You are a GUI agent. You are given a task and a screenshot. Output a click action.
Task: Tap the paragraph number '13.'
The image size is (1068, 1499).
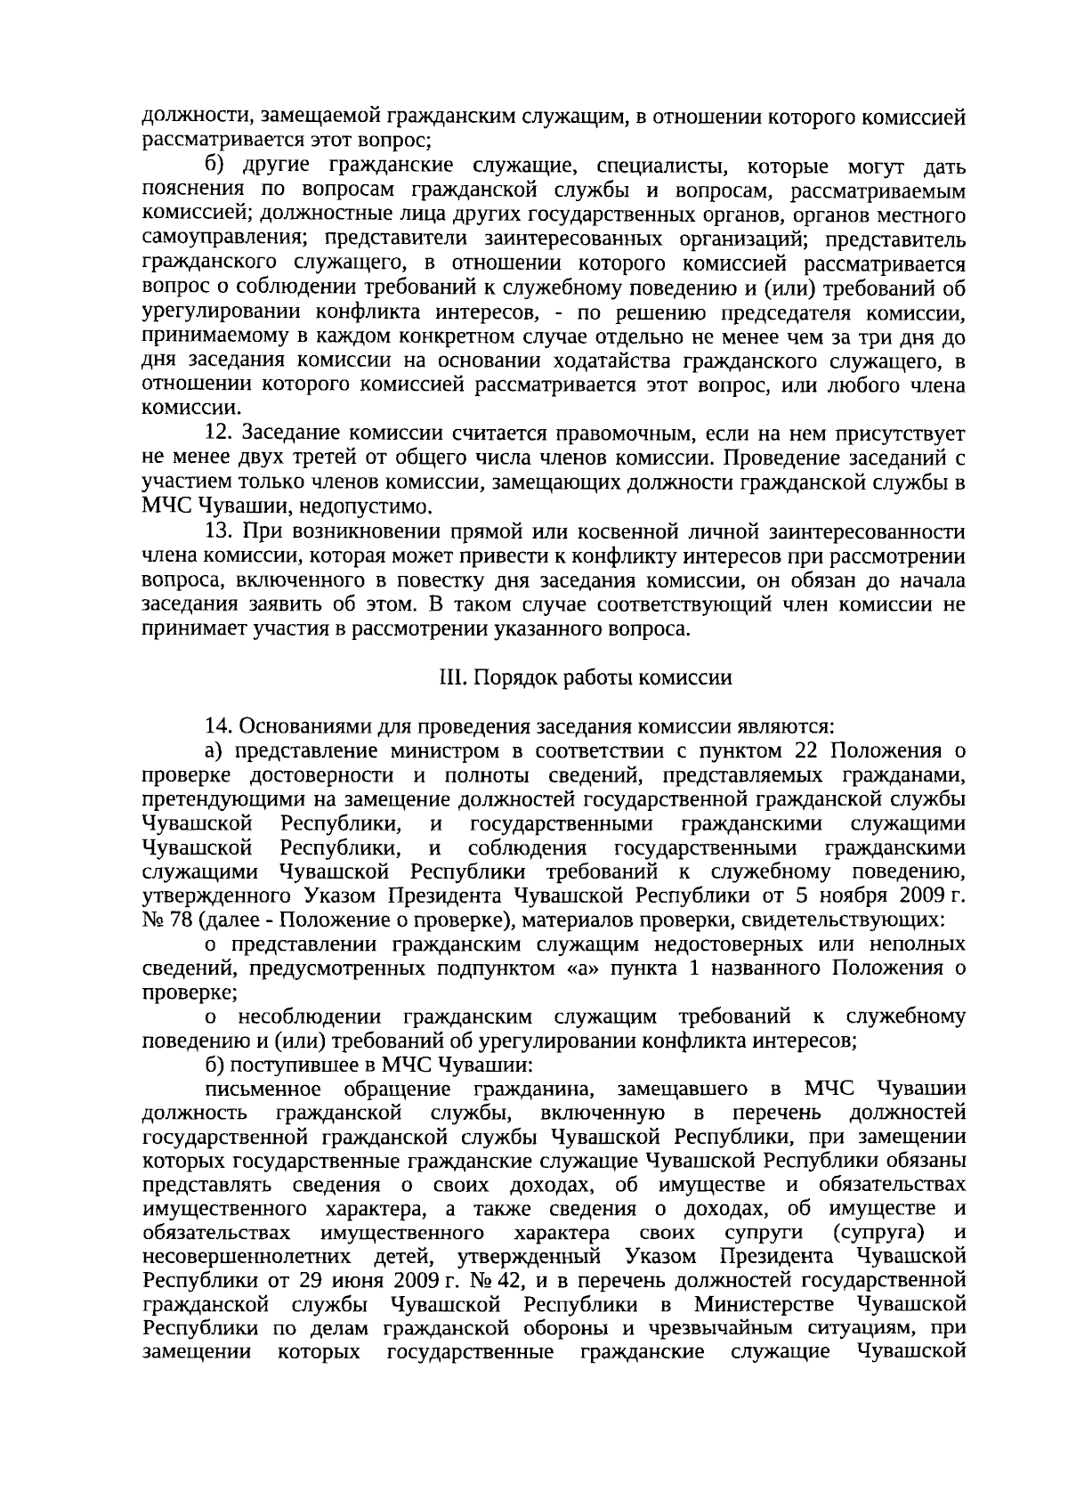[219, 532]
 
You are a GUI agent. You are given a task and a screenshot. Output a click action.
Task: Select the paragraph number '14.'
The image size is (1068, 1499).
[219, 725]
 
